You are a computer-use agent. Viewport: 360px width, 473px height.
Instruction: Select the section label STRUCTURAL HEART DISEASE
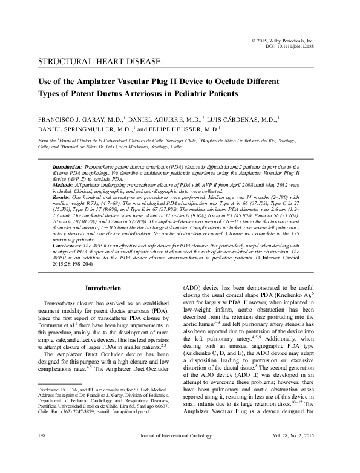point(99,62)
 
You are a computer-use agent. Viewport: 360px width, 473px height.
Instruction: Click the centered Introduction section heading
point(103,289)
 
